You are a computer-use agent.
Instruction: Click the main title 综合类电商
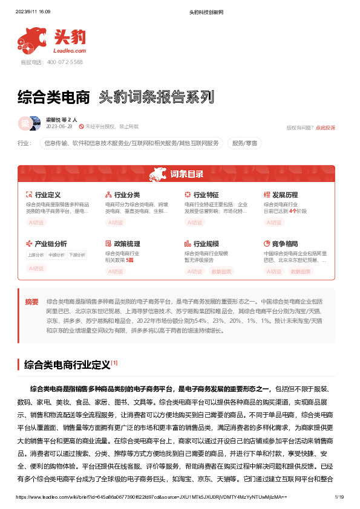tap(53, 97)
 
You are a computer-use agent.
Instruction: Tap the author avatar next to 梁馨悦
tap(25, 123)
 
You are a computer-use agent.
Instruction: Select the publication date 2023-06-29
tap(59, 127)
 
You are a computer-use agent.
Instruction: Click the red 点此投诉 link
tap(326, 128)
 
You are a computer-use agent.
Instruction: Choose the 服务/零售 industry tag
tap(244, 143)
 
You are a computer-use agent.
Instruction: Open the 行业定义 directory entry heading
tap(48, 195)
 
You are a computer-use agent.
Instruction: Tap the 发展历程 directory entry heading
tap(285, 195)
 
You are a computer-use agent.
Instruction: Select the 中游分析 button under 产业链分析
tap(56, 255)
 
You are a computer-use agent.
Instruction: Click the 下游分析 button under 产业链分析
tap(76, 255)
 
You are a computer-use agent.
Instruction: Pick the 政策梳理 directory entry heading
tap(126, 244)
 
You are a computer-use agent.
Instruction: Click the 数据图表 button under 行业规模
tap(221, 271)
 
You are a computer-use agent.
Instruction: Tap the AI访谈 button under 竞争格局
tap(274, 271)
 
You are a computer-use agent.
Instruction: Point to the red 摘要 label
tap(31, 301)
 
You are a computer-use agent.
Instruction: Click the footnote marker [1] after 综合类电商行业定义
tap(114, 363)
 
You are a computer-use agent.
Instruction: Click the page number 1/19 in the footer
tap(339, 497)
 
